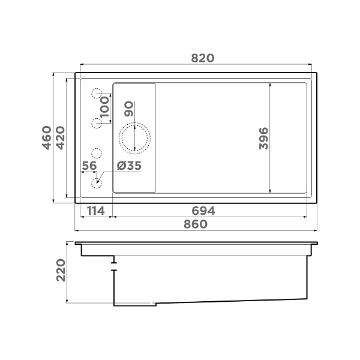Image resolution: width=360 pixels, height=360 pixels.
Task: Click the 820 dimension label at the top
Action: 202,58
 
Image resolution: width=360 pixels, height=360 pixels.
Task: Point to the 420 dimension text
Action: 60,138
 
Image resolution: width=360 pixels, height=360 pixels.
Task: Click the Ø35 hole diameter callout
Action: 129,166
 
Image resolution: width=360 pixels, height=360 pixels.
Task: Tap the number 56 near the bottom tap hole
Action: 89,166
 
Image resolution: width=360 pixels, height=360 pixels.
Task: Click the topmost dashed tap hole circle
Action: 97,93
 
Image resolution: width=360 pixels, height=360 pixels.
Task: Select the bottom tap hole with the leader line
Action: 96,183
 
